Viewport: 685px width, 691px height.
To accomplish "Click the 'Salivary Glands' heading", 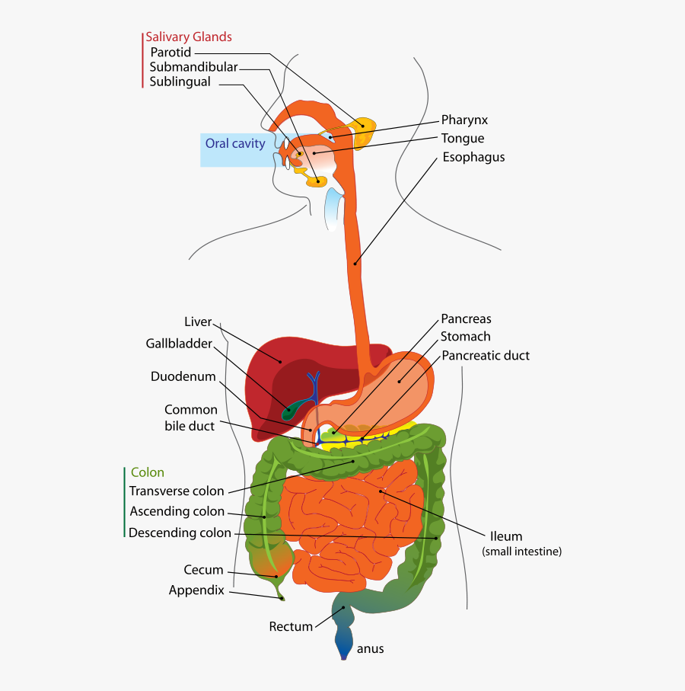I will click(189, 37).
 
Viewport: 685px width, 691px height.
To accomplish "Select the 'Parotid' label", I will click(170, 53).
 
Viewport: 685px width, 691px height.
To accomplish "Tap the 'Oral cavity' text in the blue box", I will click(235, 143).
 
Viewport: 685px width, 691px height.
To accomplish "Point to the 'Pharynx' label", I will click(464, 120).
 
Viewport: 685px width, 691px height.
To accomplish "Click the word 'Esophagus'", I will click(473, 157).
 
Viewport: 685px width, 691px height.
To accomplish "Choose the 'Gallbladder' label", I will click(179, 344).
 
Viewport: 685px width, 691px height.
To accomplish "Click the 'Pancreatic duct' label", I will click(486, 356).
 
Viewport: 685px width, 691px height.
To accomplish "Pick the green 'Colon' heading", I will click(148, 472).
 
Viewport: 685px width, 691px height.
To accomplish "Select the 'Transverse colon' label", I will click(177, 491).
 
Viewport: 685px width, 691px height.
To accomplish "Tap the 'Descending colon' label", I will click(180, 533).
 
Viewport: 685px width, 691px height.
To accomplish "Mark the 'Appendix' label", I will click(196, 590).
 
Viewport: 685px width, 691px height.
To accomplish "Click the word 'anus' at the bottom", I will click(371, 649).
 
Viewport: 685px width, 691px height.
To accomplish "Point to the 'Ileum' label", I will click(506, 536).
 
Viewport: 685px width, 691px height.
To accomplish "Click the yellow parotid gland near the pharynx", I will click(363, 130).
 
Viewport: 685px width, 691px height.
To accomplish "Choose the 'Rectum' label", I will click(291, 626).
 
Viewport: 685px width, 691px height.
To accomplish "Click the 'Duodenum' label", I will click(183, 376).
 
